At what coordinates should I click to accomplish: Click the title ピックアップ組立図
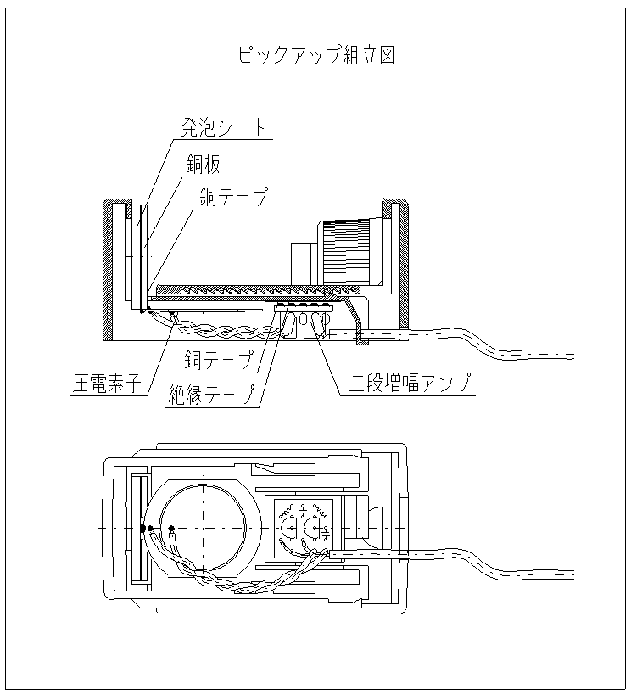[315, 56]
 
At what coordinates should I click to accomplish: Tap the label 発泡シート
[223, 128]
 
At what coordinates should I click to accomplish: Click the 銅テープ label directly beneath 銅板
[234, 198]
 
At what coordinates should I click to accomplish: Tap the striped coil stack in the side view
[345, 251]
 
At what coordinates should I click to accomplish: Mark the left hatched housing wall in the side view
[109, 267]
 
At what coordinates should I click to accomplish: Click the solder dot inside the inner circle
[173, 529]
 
